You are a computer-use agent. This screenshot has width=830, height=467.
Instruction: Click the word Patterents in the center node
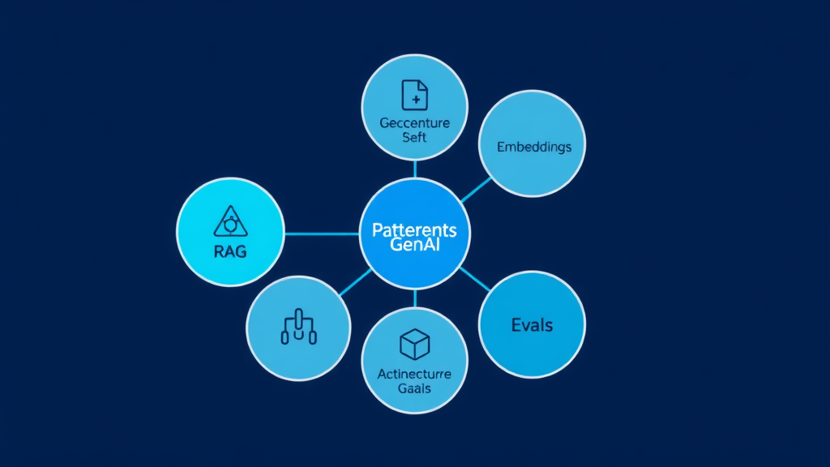414,229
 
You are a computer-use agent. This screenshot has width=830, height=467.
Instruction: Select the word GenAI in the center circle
414,246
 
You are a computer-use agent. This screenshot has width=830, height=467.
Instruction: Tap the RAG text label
230,251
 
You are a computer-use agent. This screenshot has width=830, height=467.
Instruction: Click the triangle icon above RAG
230,221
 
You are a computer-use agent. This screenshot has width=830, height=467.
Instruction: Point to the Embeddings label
533,147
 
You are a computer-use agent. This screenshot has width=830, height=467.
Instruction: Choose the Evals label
532,325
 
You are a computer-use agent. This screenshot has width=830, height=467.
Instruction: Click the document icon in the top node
414,95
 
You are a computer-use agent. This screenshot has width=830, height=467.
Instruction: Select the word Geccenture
414,124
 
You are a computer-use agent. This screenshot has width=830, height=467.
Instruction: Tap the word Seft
414,138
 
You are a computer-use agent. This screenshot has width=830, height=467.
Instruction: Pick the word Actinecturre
414,375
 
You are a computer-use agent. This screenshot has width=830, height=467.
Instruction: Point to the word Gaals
414,388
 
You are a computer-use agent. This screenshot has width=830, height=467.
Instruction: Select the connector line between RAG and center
322,233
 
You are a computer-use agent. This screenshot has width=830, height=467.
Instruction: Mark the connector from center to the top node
414,168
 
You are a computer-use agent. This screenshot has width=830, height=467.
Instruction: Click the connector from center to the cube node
414,298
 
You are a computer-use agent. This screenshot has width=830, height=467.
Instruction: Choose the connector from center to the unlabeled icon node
354,281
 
